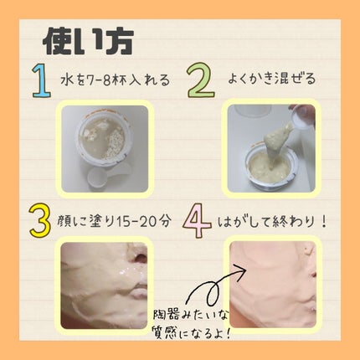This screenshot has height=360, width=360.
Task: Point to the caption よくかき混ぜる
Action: click(273, 80)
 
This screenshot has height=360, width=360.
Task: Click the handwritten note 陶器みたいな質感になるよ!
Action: click(189, 325)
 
